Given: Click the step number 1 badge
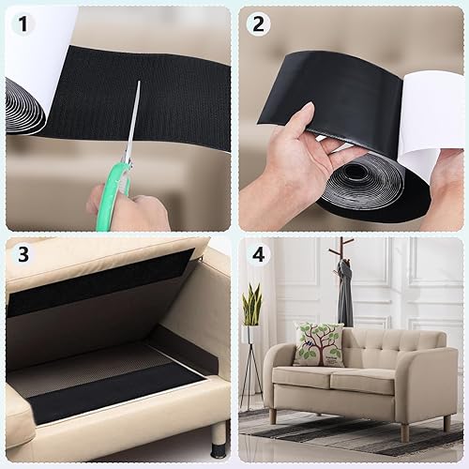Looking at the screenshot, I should click(22, 23).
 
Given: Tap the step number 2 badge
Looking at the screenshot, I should click(258, 23).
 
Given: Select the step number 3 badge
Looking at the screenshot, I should click(22, 254).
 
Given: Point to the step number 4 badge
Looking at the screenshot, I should click(258, 254).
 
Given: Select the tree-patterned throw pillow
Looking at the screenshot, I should click(318, 345).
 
